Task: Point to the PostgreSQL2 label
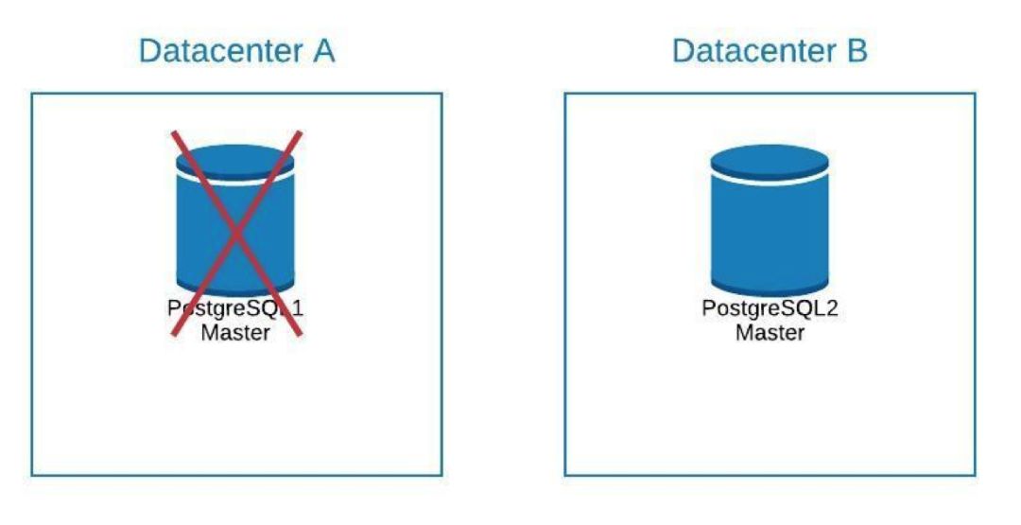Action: [x=770, y=309]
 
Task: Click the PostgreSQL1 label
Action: [x=235, y=309]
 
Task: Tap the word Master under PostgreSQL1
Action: [x=235, y=333]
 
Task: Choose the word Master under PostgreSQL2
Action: [x=770, y=333]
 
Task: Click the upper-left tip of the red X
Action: [x=172, y=133]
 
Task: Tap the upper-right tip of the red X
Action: [x=300, y=133]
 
